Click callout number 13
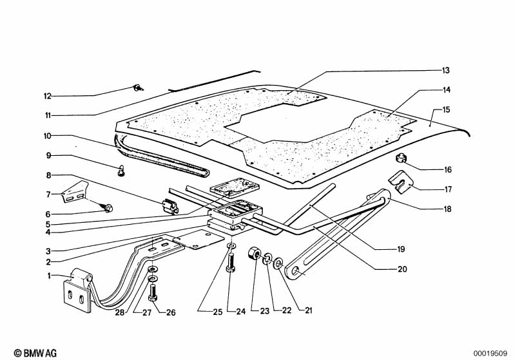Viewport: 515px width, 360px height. [445, 71]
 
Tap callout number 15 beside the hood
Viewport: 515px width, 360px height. [446, 109]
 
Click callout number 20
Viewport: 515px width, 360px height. [402, 269]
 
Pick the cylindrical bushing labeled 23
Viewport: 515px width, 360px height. [254, 254]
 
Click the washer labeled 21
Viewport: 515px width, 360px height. [278, 263]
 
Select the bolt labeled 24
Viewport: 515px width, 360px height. [231, 262]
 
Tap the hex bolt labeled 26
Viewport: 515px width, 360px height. [153, 293]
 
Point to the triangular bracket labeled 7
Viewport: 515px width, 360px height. [75, 192]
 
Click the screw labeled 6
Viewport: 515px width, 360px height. [108, 207]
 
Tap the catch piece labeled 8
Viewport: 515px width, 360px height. [170, 207]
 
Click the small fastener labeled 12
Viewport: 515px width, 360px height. [138, 88]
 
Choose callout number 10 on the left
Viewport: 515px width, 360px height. [48, 135]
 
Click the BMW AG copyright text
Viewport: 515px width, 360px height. [35, 353]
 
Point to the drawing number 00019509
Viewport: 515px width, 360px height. [490, 354]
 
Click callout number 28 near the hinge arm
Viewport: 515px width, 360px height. [120, 312]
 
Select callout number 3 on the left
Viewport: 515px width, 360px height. [48, 251]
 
